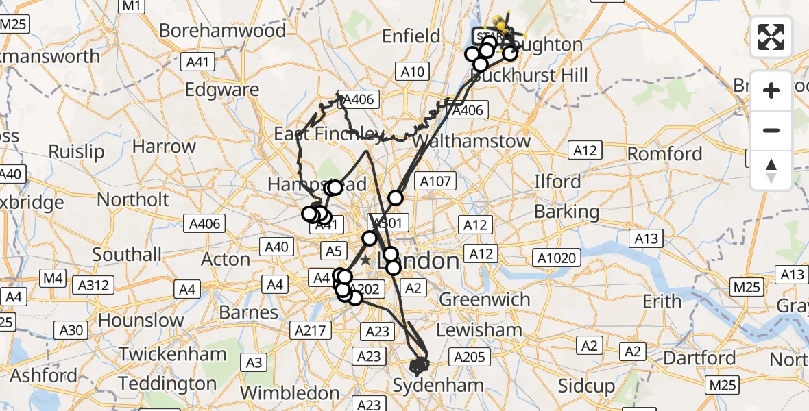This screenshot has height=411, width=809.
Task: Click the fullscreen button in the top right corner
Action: pyautogui.click(x=771, y=37)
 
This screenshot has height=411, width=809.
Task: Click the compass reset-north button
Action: pyautogui.click(x=771, y=171)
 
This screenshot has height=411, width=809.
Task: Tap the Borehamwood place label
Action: pyautogui.click(x=222, y=31)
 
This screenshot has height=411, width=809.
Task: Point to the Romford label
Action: pyautogui.click(x=665, y=153)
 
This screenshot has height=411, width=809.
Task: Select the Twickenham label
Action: pyautogui.click(x=173, y=354)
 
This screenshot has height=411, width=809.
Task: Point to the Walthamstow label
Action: pyautogui.click(x=473, y=142)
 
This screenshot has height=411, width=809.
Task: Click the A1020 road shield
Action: pyautogui.click(x=559, y=258)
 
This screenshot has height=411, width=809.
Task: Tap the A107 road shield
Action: pyautogui.click(x=436, y=182)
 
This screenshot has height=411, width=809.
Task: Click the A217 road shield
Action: pyautogui.click(x=309, y=330)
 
